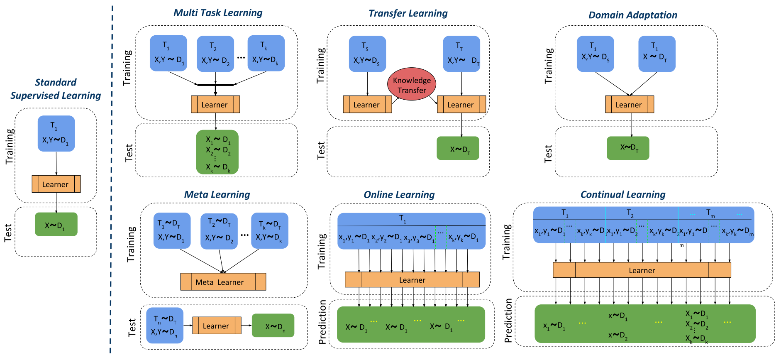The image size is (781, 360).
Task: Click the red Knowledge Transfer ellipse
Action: tap(411, 84)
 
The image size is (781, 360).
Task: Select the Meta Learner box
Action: tap(223, 282)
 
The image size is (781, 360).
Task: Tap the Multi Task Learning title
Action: tap(218, 13)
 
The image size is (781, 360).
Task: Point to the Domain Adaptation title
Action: tap(632, 15)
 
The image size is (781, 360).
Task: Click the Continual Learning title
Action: tap(622, 194)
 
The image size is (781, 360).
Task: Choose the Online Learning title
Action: tap(399, 195)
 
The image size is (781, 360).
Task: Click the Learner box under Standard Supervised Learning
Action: tap(56, 184)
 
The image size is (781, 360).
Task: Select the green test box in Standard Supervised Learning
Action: tap(56, 225)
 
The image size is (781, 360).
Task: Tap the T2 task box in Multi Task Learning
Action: tap(215, 54)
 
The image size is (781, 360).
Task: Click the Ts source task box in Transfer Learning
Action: tap(367, 54)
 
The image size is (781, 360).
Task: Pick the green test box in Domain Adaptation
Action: tap(627, 148)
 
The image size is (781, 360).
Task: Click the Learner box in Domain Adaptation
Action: tap(629, 105)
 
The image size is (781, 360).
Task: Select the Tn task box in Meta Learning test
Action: tap(165, 326)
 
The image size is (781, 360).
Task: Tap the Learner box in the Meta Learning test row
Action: tap(216, 326)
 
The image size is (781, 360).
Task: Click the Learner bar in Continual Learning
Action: tap(642, 270)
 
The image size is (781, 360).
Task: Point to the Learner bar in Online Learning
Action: tap(412, 280)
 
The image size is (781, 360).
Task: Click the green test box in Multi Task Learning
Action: tap(217, 152)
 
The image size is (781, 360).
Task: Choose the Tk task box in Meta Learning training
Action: tap(269, 231)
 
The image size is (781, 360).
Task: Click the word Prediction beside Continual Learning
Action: tap(508, 321)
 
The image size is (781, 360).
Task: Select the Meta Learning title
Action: tap(217, 194)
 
